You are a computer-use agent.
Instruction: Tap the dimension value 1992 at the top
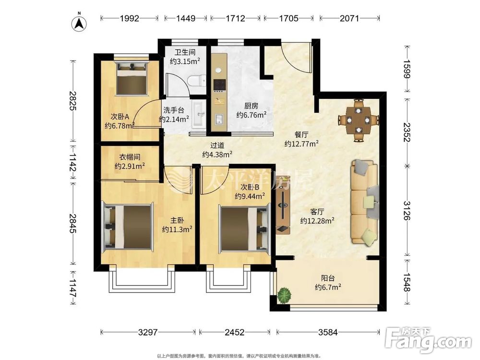130,18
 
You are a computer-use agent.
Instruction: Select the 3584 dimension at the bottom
328,332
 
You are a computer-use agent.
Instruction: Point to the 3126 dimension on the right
407,211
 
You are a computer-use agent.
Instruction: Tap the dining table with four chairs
359,120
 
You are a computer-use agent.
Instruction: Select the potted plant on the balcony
284,295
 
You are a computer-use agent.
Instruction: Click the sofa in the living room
365,202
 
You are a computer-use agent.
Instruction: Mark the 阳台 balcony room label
327,278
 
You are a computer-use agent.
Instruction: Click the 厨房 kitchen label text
251,106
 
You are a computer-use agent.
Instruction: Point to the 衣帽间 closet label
130,157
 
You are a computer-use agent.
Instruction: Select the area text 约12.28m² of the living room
317,220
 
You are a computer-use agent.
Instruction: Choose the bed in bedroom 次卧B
244,228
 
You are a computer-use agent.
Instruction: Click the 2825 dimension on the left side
72,101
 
